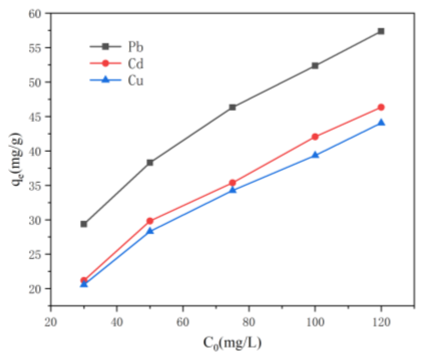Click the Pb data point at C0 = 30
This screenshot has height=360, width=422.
84,224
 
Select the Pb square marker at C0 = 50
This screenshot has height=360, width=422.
150,163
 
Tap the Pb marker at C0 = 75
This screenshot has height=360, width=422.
233,107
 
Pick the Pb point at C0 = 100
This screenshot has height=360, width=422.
315,66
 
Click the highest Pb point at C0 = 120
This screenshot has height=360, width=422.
381,31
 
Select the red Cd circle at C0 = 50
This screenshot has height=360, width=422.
150,221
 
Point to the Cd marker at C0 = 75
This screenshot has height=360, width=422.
233,183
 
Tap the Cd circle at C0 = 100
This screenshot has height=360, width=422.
315,137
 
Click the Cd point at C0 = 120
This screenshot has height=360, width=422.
381,107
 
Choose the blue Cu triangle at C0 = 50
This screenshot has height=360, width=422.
150,231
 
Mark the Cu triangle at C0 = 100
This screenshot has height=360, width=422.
315,155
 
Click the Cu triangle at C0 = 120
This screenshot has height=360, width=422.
381,123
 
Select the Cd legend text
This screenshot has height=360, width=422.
135,63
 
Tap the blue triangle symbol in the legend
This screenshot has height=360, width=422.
105,80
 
